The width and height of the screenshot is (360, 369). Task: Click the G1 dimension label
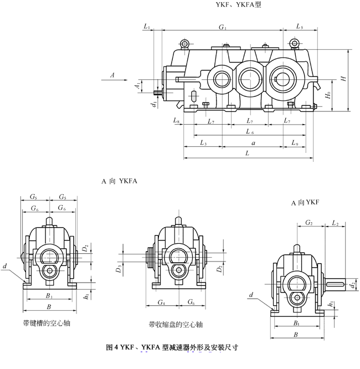click(223, 27)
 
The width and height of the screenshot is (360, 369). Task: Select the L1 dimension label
click(147, 27)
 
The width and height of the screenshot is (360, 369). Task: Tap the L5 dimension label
click(300, 27)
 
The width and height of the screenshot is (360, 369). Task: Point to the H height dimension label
click(344, 79)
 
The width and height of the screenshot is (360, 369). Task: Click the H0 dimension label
click(328, 96)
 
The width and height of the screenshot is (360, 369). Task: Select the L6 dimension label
click(250, 132)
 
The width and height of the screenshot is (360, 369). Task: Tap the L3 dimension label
click(203, 143)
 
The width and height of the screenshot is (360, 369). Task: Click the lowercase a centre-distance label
click(253, 143)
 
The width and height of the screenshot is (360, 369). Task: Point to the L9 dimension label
click(295, 143)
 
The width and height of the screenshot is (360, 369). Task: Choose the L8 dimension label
click(176, 120)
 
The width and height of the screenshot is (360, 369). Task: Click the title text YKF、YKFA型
click(238, 4)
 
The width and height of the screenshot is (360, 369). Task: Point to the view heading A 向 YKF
click(307, 203)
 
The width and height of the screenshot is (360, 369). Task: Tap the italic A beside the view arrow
click(112, 74)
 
